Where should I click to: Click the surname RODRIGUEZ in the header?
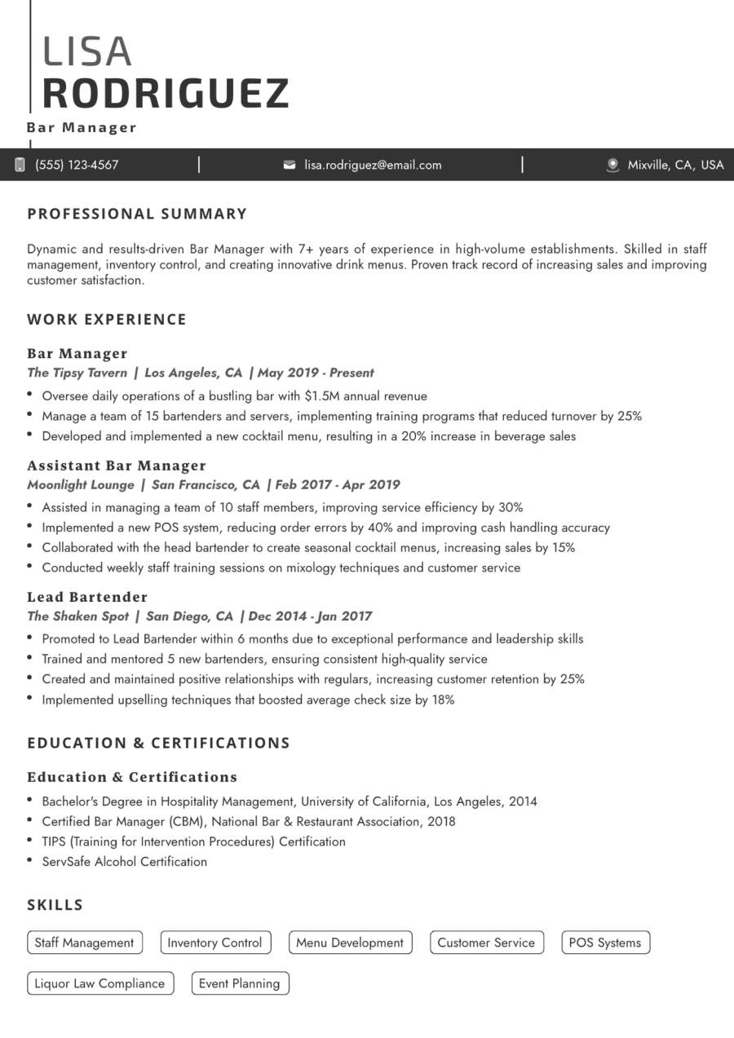tap(166, 93)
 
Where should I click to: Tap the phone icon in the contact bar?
tap(20, 165)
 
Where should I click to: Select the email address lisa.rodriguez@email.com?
tap(373, 165)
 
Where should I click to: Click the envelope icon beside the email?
tap(290, 165)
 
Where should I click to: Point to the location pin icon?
tap(613, 165)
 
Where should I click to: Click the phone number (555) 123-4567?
tap(77, 165)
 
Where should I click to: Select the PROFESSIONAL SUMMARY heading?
tap(137, 214)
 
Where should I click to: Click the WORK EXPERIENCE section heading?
tap(107, 319)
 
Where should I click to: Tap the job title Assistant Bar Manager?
tap(117, 466)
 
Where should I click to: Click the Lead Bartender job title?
tap(87, 597)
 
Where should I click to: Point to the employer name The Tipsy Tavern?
tap(77, 373)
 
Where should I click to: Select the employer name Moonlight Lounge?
tap(81, 484)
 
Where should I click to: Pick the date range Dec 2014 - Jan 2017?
tap(311, 616)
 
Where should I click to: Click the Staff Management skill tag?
tap(85, 943)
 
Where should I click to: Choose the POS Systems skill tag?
tap(605, 943)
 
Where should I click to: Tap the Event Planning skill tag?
tap(240, 983)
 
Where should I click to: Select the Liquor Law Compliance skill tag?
tap(99, 983)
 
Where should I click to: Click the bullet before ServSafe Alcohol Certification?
tap(30, 860)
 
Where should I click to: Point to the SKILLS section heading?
tap(55, 904)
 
